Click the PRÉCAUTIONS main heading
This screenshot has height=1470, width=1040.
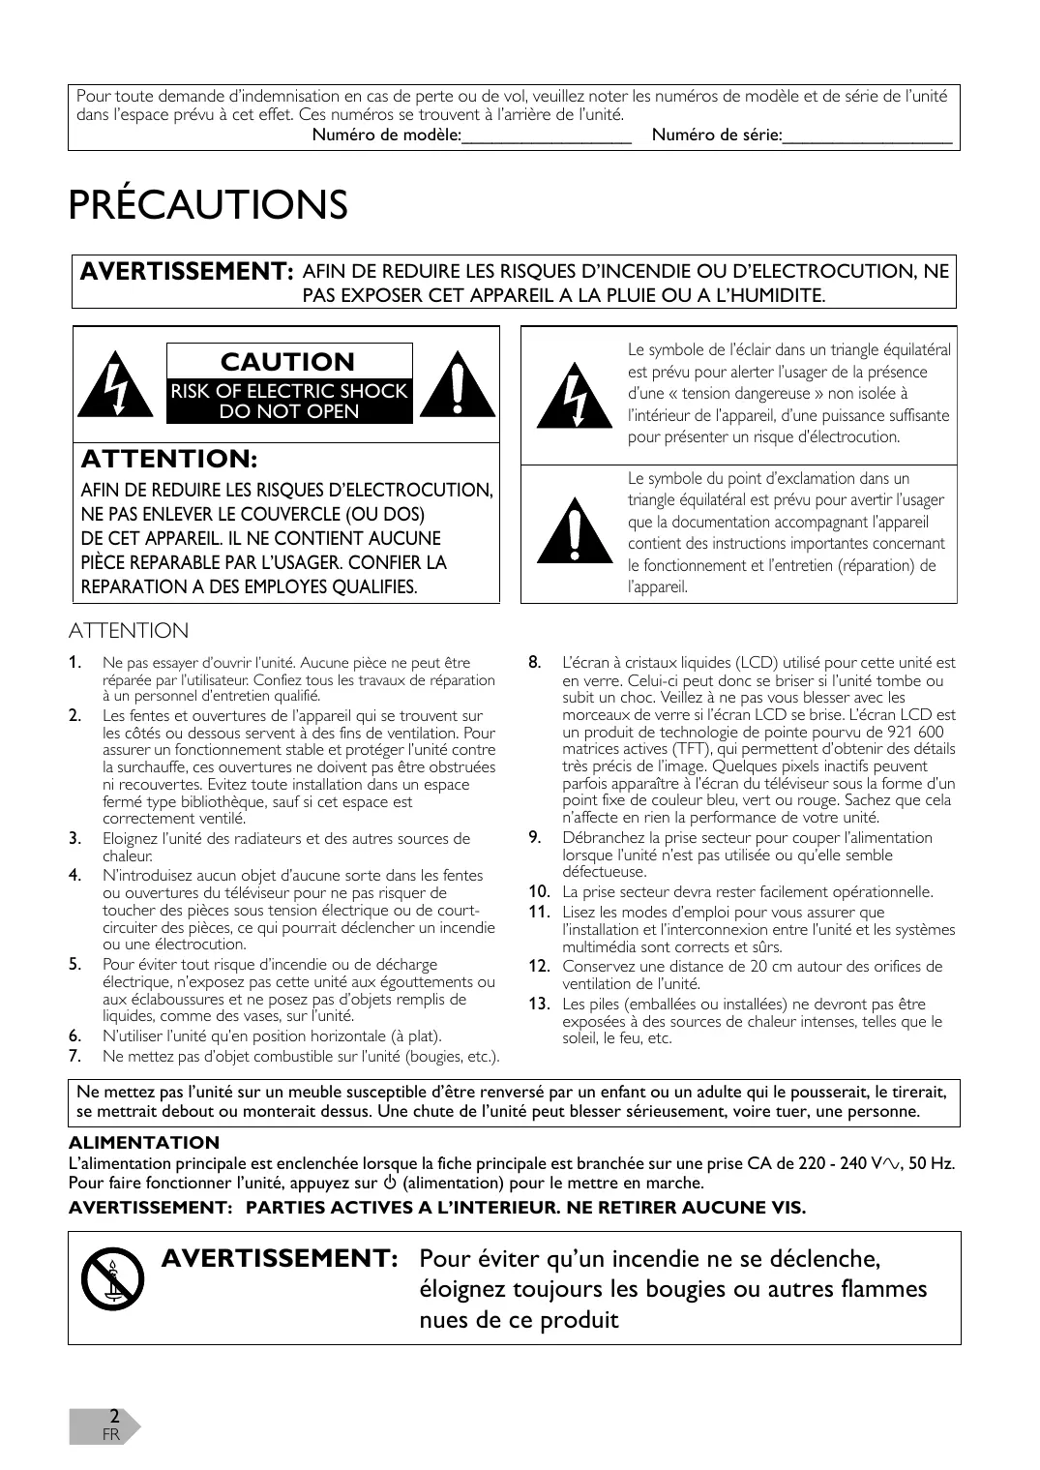[208, 205]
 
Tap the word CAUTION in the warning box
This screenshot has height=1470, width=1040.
[287, 362]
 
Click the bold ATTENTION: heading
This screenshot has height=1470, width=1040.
[168, 458]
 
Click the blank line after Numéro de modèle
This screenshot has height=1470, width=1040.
[547, 136]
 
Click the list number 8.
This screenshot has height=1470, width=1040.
[533, 663]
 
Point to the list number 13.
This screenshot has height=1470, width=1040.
[539, 1004]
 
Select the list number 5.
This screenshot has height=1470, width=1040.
[74, 964]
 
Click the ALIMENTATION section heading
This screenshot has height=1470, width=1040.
[144, 1143]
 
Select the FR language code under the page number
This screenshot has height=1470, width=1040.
[111, 1434]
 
